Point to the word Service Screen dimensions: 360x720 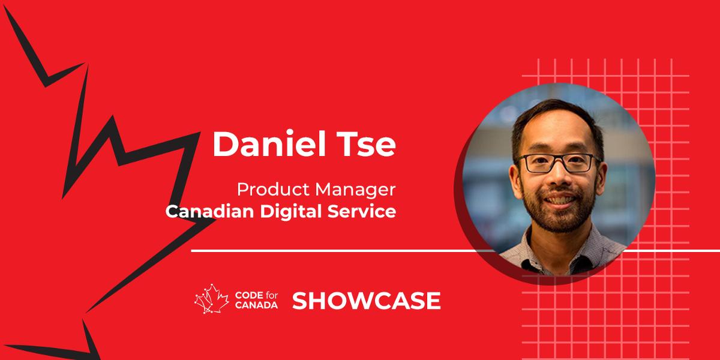367,212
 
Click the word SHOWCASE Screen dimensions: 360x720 367,301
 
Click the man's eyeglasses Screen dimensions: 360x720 558,163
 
